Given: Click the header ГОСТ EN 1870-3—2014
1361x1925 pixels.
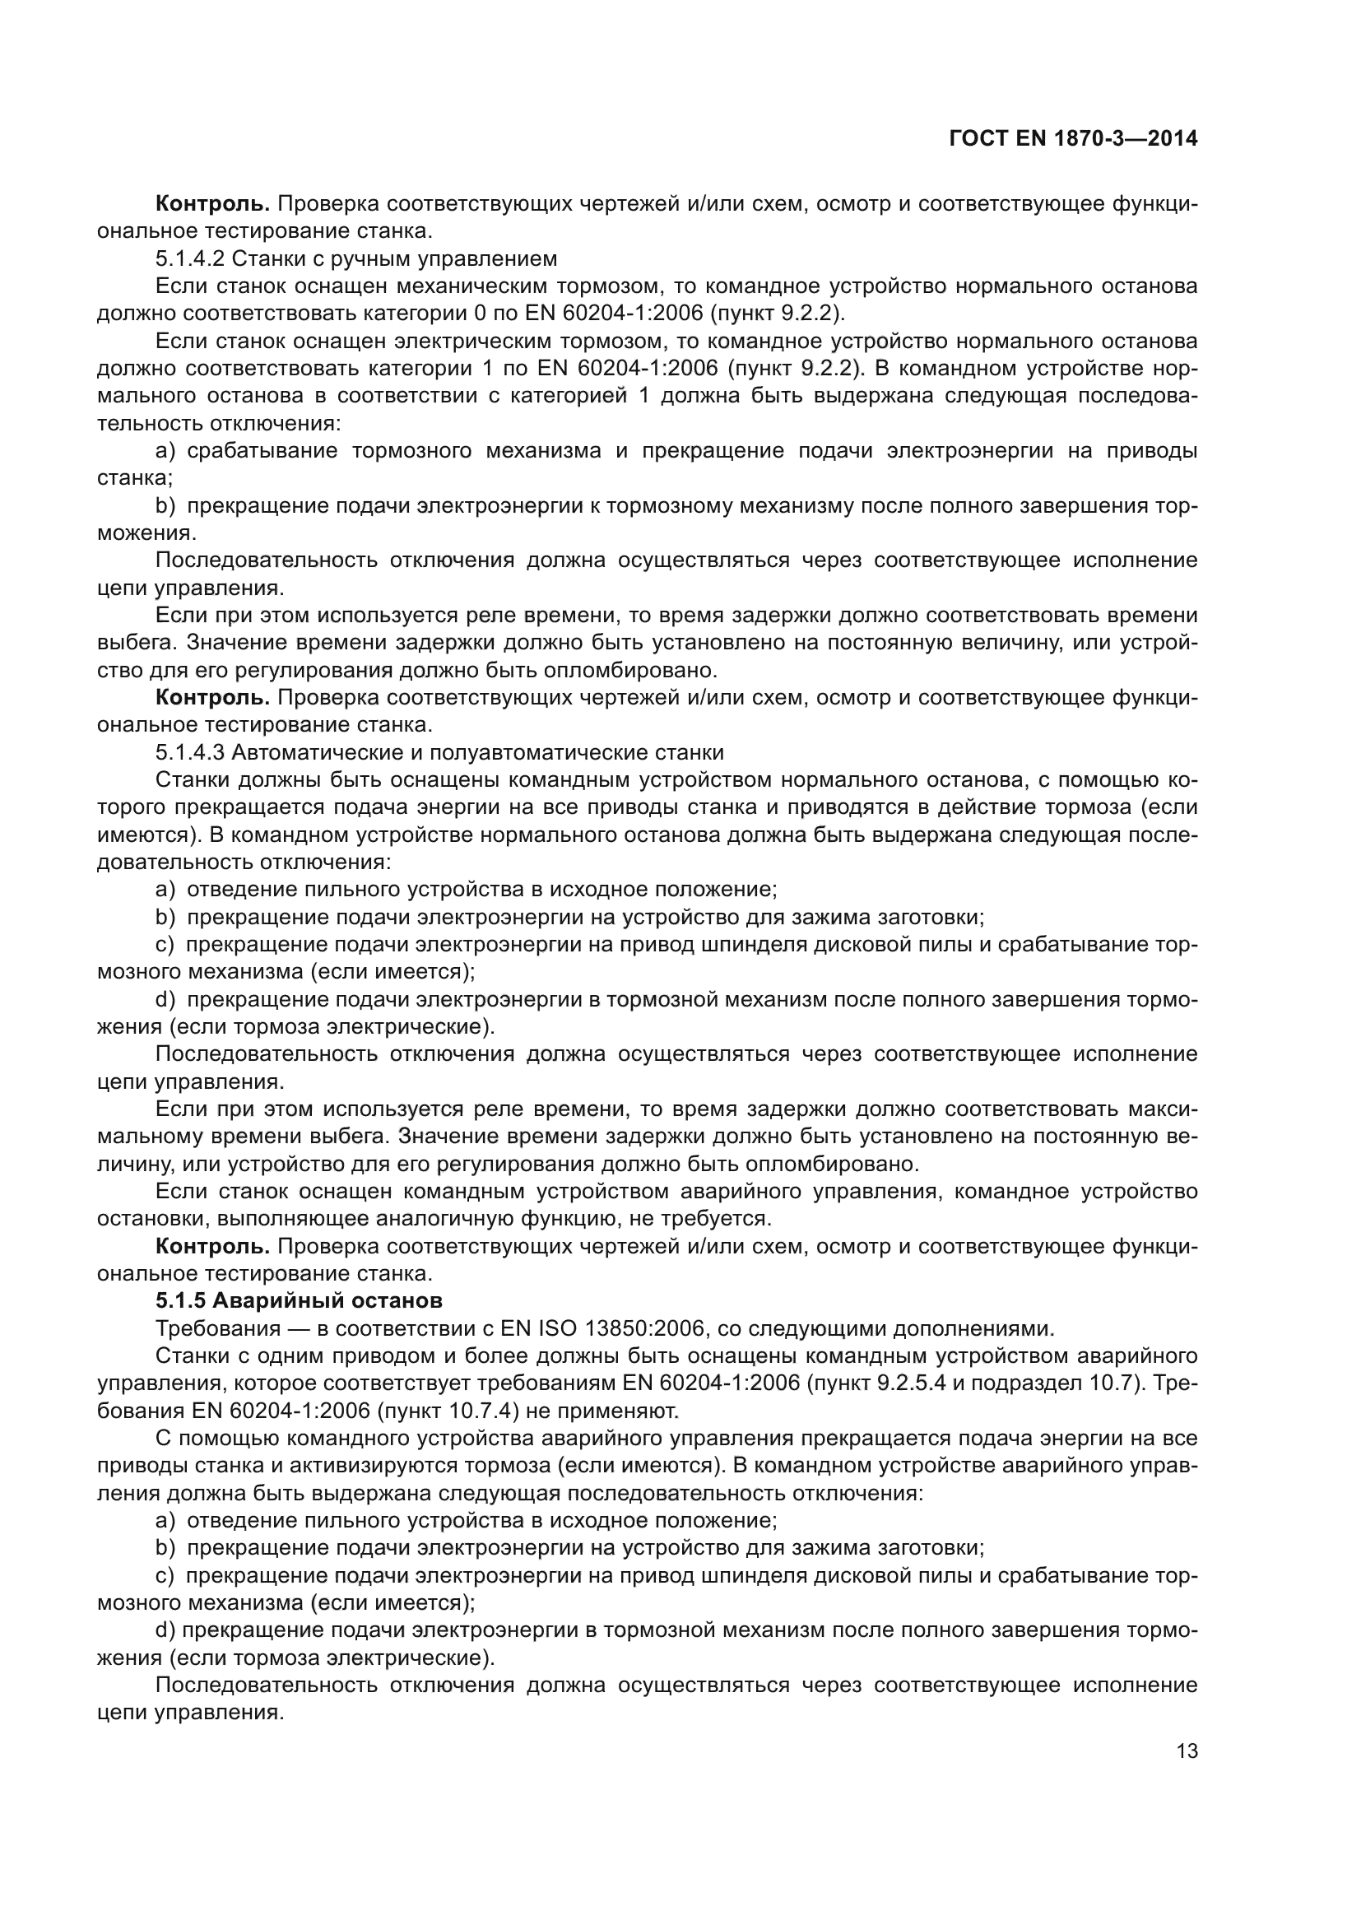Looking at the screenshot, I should [x=1073, y=139].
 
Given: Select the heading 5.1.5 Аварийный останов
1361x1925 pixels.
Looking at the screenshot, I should [x=300, y=1300].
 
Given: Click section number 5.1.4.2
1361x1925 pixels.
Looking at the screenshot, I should [x=189, y=258].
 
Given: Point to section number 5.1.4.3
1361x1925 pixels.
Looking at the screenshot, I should [x=189, y=752].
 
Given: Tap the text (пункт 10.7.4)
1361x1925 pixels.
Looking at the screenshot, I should [x=444, y=1411].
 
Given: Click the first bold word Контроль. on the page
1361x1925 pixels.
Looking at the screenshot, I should [x=212, y=204].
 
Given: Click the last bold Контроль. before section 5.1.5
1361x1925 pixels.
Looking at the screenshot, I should [x=212, y=1246].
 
